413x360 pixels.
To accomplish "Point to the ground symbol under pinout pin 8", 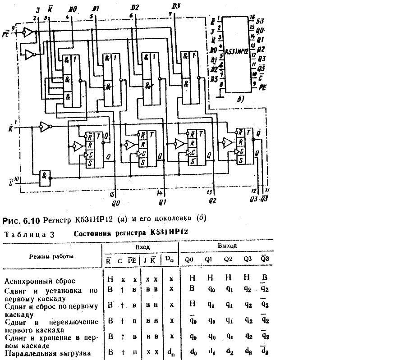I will pyautogui.click(x=220, y=96).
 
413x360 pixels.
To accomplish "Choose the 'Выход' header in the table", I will pyautogui.click(x=227, y=247).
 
